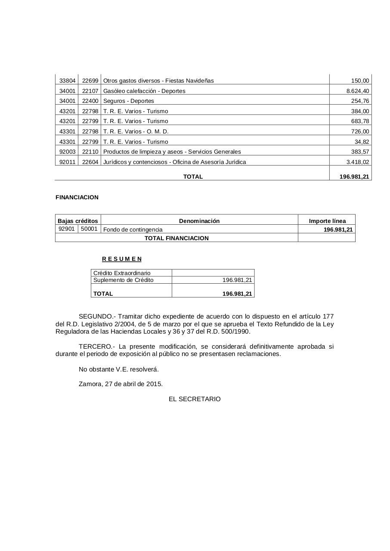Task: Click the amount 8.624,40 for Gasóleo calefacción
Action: [357, 91]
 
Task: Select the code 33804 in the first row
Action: [67, 80]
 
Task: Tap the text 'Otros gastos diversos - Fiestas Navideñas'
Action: [158, 80]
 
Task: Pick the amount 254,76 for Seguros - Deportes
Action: [360, 101]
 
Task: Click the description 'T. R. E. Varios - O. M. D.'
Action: [136, 131]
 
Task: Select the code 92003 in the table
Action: [67, 152]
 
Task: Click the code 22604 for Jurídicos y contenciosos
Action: [90, 162]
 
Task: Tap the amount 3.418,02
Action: [357, 162]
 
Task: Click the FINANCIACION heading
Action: [77, 197]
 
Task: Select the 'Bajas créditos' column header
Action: [78, 221]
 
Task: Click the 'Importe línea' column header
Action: [327, 221]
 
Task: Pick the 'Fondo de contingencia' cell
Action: [133, 229]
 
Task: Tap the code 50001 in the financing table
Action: [89, 229]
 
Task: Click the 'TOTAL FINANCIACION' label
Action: [176, 238]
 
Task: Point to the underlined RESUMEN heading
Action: [122, 259]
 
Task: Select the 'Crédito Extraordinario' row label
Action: [122, 273]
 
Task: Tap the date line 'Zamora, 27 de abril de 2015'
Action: [121, 384]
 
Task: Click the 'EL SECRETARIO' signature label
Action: [195, 399]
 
